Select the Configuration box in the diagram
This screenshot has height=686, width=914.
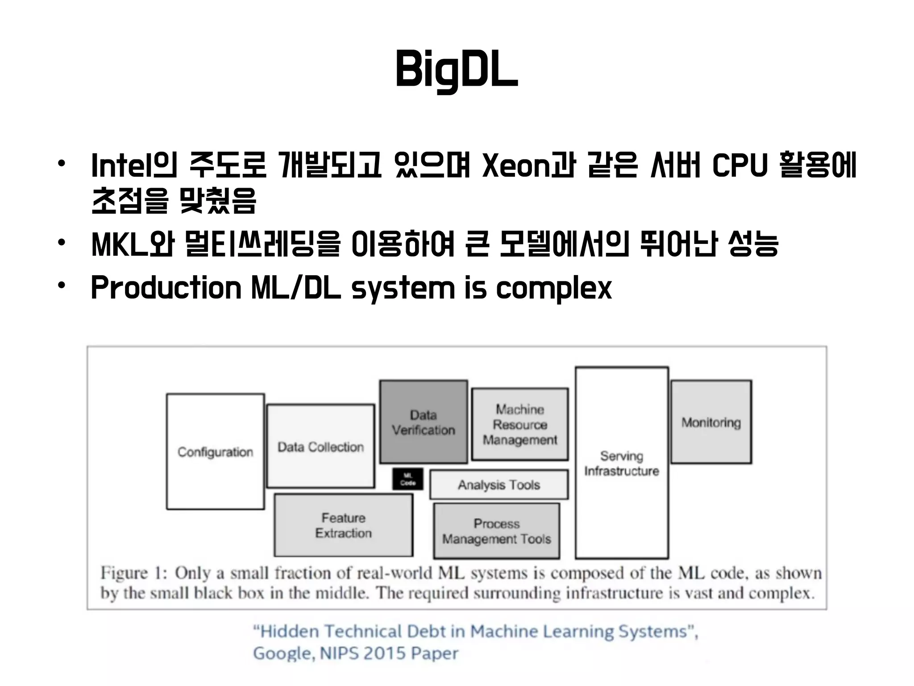point(215,452)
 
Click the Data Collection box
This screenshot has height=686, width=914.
point(320,447)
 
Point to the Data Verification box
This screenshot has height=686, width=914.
point(424,422)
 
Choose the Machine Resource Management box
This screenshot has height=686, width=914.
point(520,424)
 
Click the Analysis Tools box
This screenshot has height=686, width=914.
point(499,485)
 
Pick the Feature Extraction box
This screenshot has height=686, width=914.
point(343,525)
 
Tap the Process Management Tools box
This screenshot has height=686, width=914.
point(497,531)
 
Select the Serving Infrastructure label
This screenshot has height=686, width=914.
point(622,463)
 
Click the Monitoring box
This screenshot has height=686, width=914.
point(711,422)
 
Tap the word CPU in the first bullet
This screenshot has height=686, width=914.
point(740,165)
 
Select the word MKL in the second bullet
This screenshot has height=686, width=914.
point(120,244)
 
